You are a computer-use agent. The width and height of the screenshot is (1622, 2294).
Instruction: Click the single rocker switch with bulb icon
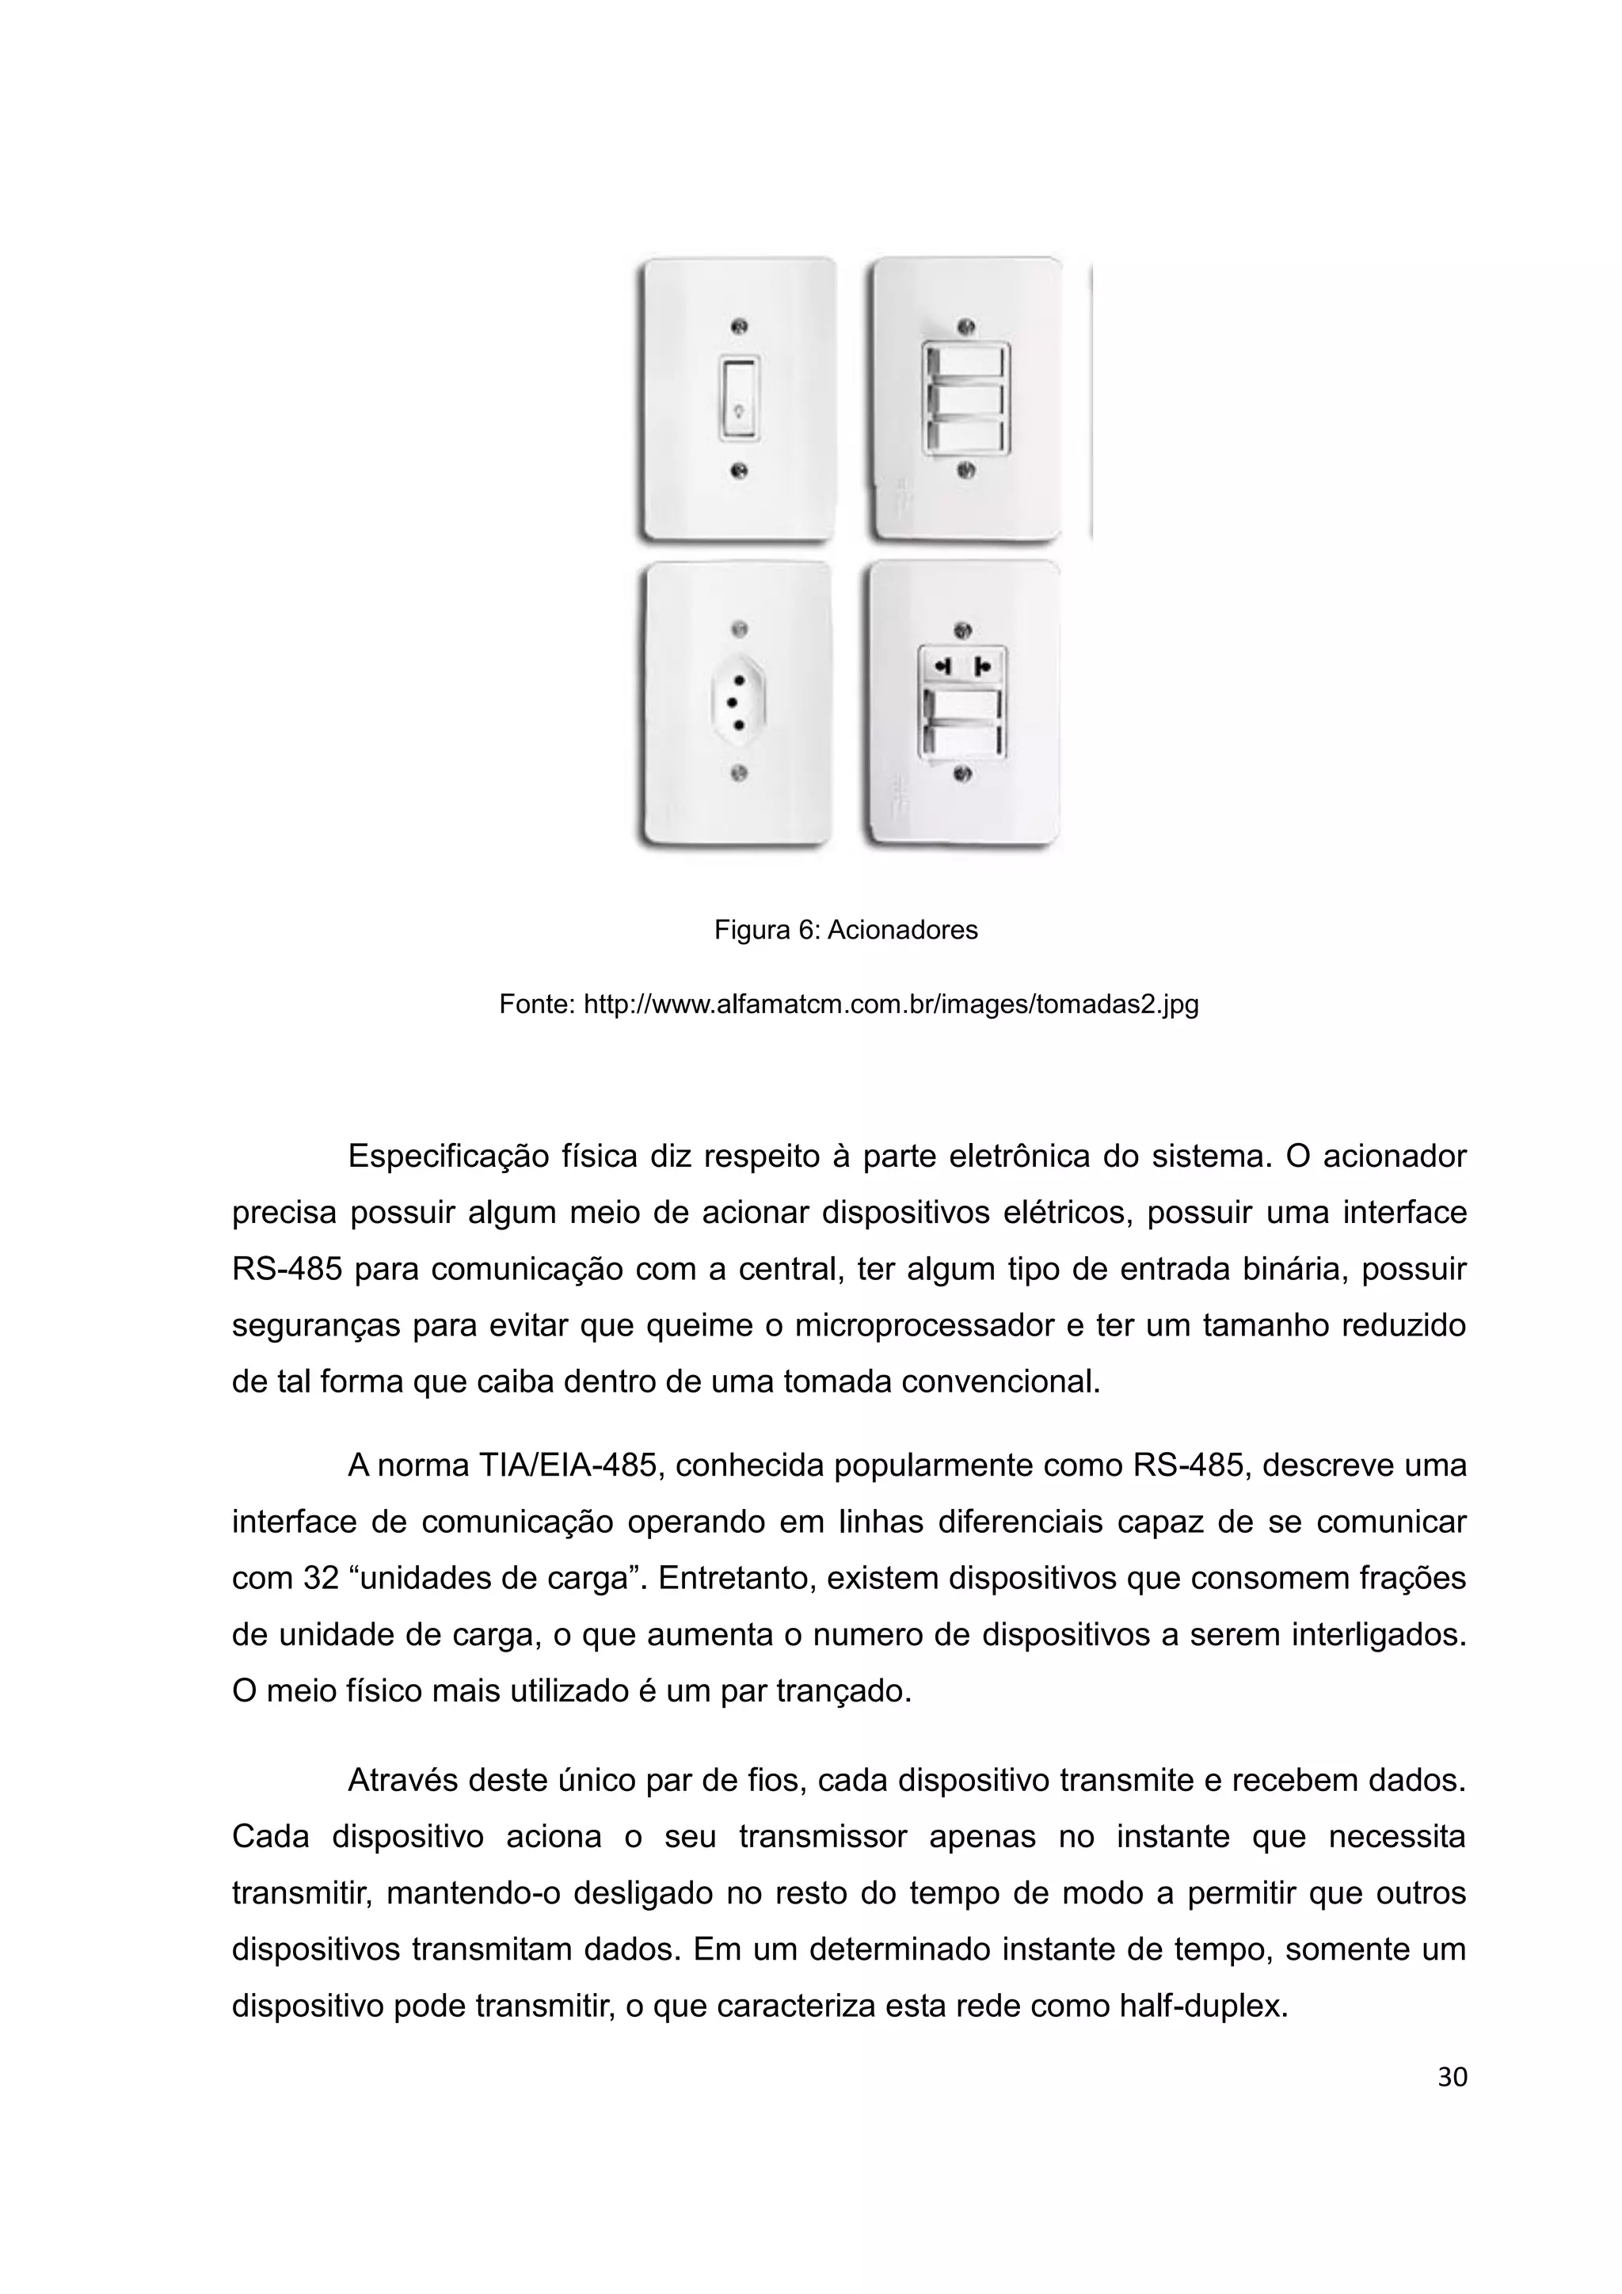[739, 398]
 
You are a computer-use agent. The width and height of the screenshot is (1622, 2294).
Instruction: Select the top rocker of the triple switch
[965, 360]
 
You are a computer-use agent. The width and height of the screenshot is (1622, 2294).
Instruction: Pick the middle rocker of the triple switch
[965, 400]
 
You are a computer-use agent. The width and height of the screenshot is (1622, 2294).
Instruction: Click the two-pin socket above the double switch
[964, 665]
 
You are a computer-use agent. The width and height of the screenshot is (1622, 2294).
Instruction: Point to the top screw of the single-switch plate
[740, 326]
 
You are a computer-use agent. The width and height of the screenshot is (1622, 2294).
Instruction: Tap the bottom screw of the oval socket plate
[740, 772]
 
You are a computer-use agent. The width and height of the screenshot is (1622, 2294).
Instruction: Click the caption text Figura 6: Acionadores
[846, 930]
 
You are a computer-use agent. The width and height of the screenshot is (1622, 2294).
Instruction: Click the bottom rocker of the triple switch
[965, 437]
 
